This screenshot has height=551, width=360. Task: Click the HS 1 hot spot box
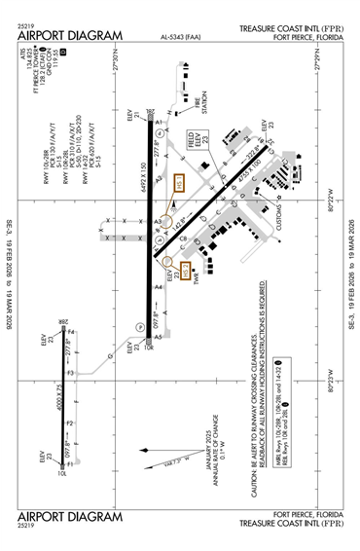pyautogui.click(x=178, y=185)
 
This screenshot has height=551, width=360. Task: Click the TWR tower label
pyautogui.click(x=195, y=289)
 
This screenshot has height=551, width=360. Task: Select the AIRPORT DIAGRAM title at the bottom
pyautogui.click(x=66, y=515)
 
